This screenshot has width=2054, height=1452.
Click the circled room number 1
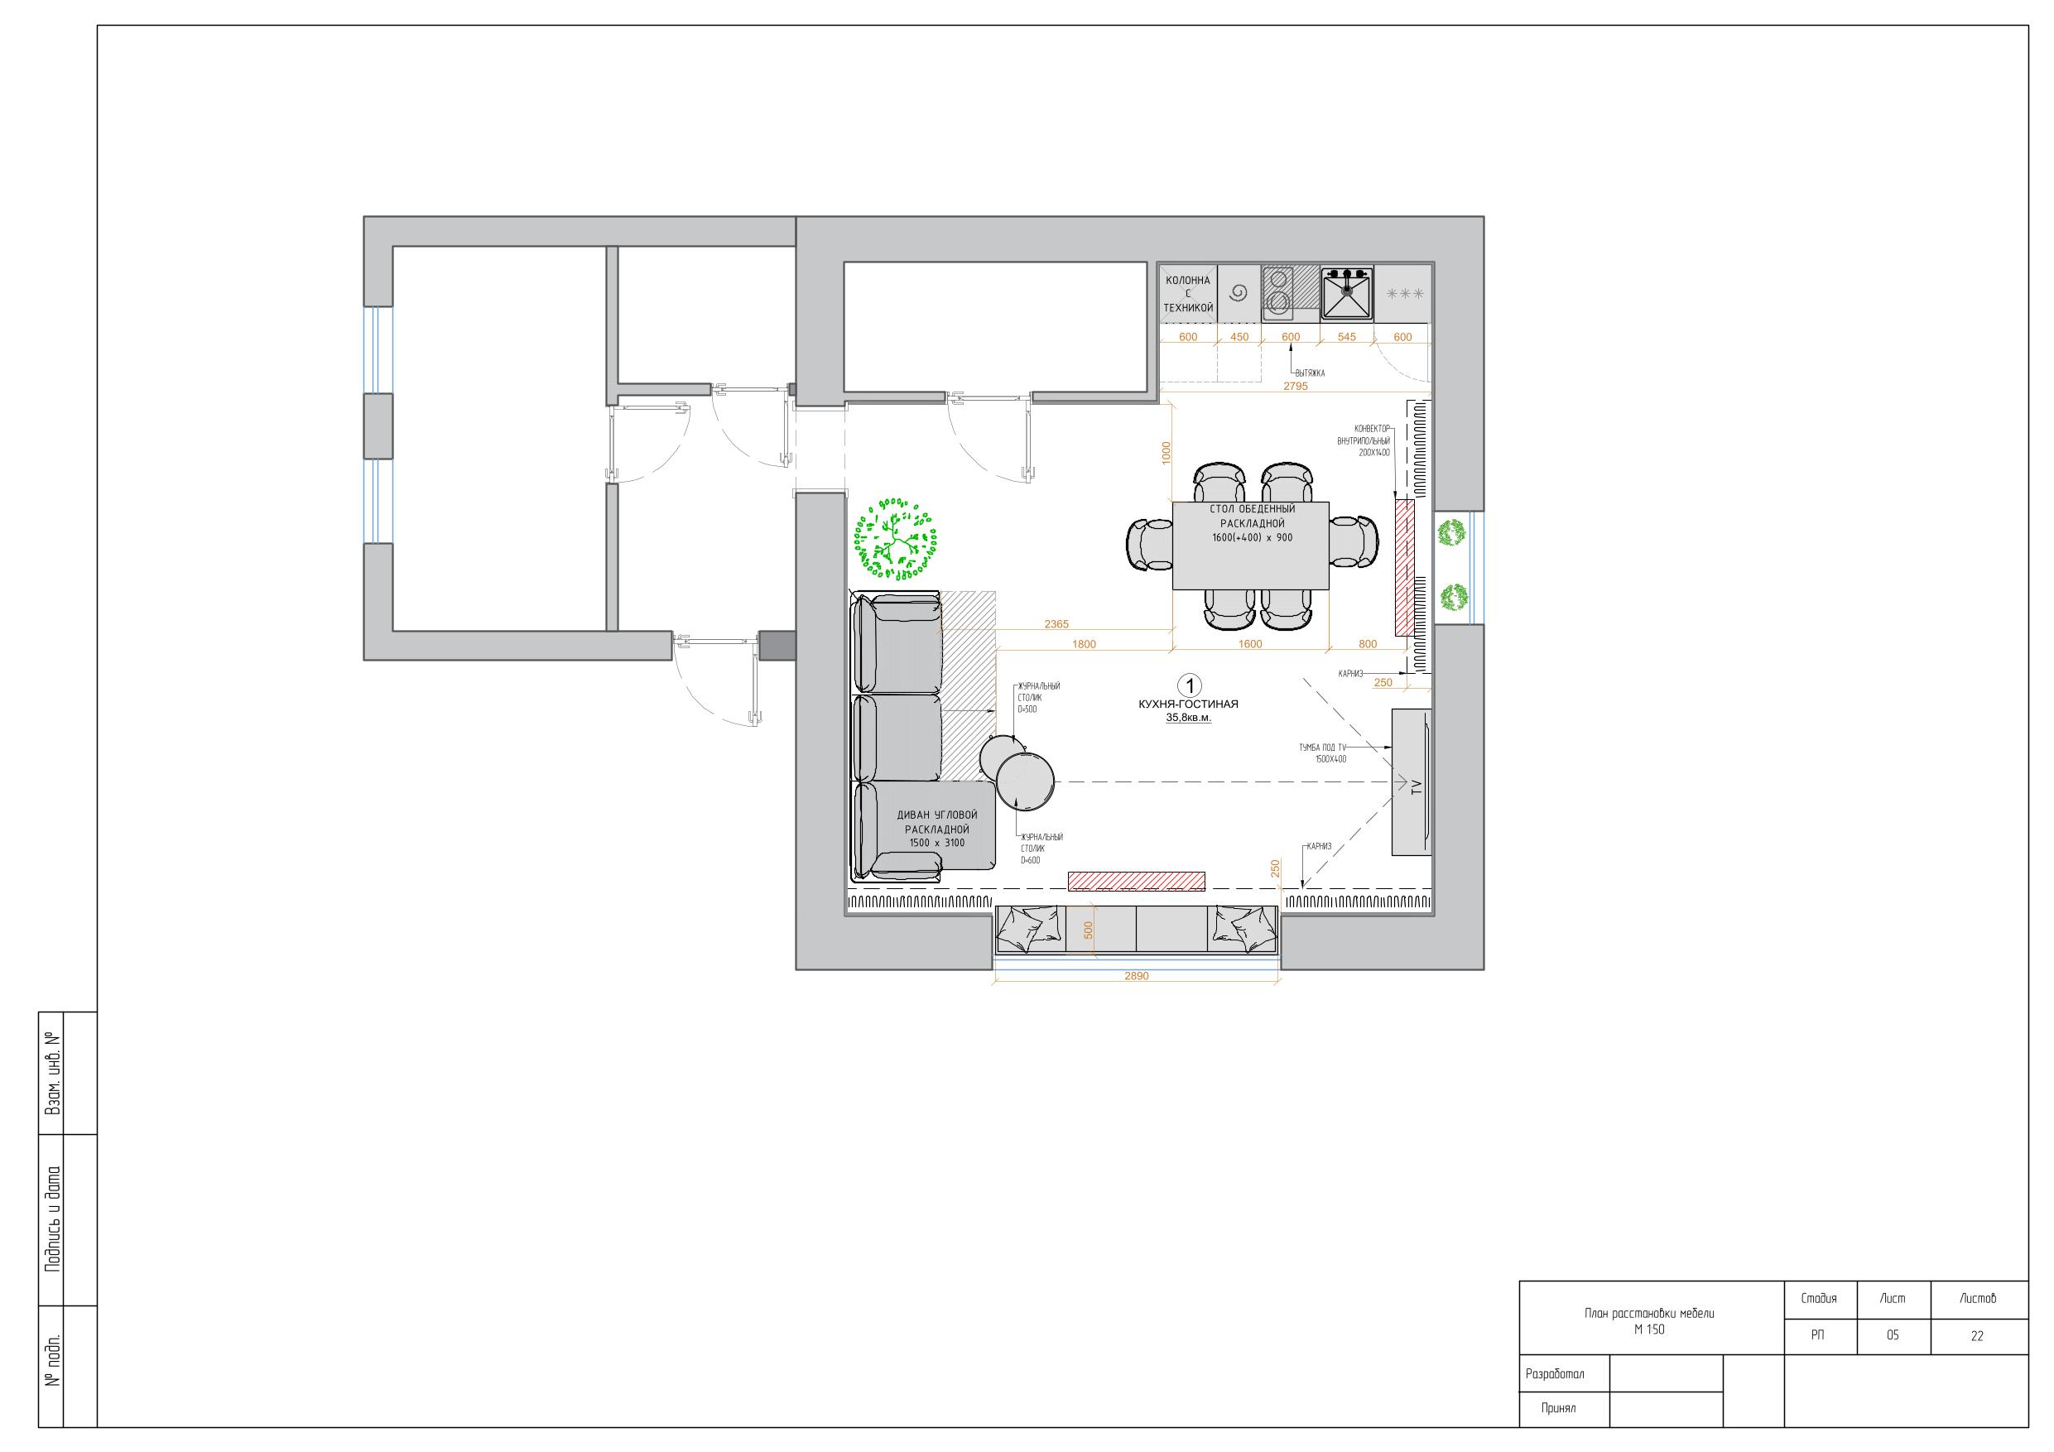(x=1190, y=686)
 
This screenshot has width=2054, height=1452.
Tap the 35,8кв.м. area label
(x=1188, y=718)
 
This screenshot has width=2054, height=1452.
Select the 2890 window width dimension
(x=1136, y=976)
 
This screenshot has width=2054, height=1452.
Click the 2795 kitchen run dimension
(x=1296, y=387)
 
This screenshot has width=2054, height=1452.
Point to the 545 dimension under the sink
(x=1346, y=337)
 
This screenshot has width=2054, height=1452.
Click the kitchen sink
(x=1347, y=292)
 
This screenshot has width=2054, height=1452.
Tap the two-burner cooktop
(x=1278, y=292)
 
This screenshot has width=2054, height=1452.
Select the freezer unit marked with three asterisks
(x=1402, y=293)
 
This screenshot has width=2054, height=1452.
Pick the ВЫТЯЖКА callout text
(x=1310, y=373)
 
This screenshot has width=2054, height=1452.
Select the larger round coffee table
(x=1025, y=781)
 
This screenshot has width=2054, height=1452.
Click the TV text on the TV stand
(x=1417, y=788)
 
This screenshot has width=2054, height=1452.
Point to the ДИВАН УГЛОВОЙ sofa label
(x=936, y=816)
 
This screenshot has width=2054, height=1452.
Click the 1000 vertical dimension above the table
(x=1166, y=453)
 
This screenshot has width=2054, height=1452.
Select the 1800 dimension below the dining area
(x=1084, y=644)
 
